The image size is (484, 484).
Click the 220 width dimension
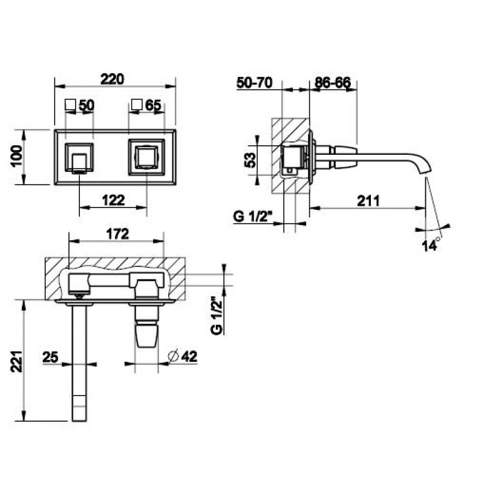pyautogui.click(x=112, y=79)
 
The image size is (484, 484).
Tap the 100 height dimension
pyautogui.click(x=17, y=156)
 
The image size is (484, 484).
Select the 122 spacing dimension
pyautogui.click(x=113, y=200)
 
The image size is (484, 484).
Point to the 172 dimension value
pyautogui.click(x=117, y=234)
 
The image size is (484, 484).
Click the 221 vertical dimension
pyautogui.click(x=18, y=361)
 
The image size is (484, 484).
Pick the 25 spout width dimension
pyautogui.click(x=50, y=358)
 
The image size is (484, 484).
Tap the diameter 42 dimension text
pyautogui.click(x=183, y=356)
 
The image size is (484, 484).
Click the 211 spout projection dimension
pyautogui.click(x=368, y=201)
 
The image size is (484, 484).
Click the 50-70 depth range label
pyautogui.click(x=254, y=82)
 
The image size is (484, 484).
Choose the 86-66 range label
pyautogui.click(x=333, y=82)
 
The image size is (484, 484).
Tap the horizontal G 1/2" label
pyautogui.click(x=252, y=217)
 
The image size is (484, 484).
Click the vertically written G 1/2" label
pyautogui.click(x=217, y=315)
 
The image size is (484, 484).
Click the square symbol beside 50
pyautogui.click(x=70, y=104)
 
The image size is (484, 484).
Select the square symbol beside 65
pyautogui.click(x=137, y=104)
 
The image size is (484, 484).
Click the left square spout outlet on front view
pyautogui.click(x=79, y=157)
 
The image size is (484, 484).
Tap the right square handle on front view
pyautogui.click(x=146, y=157)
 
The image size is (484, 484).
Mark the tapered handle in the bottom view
pyautogui.click(x=146, y=334)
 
